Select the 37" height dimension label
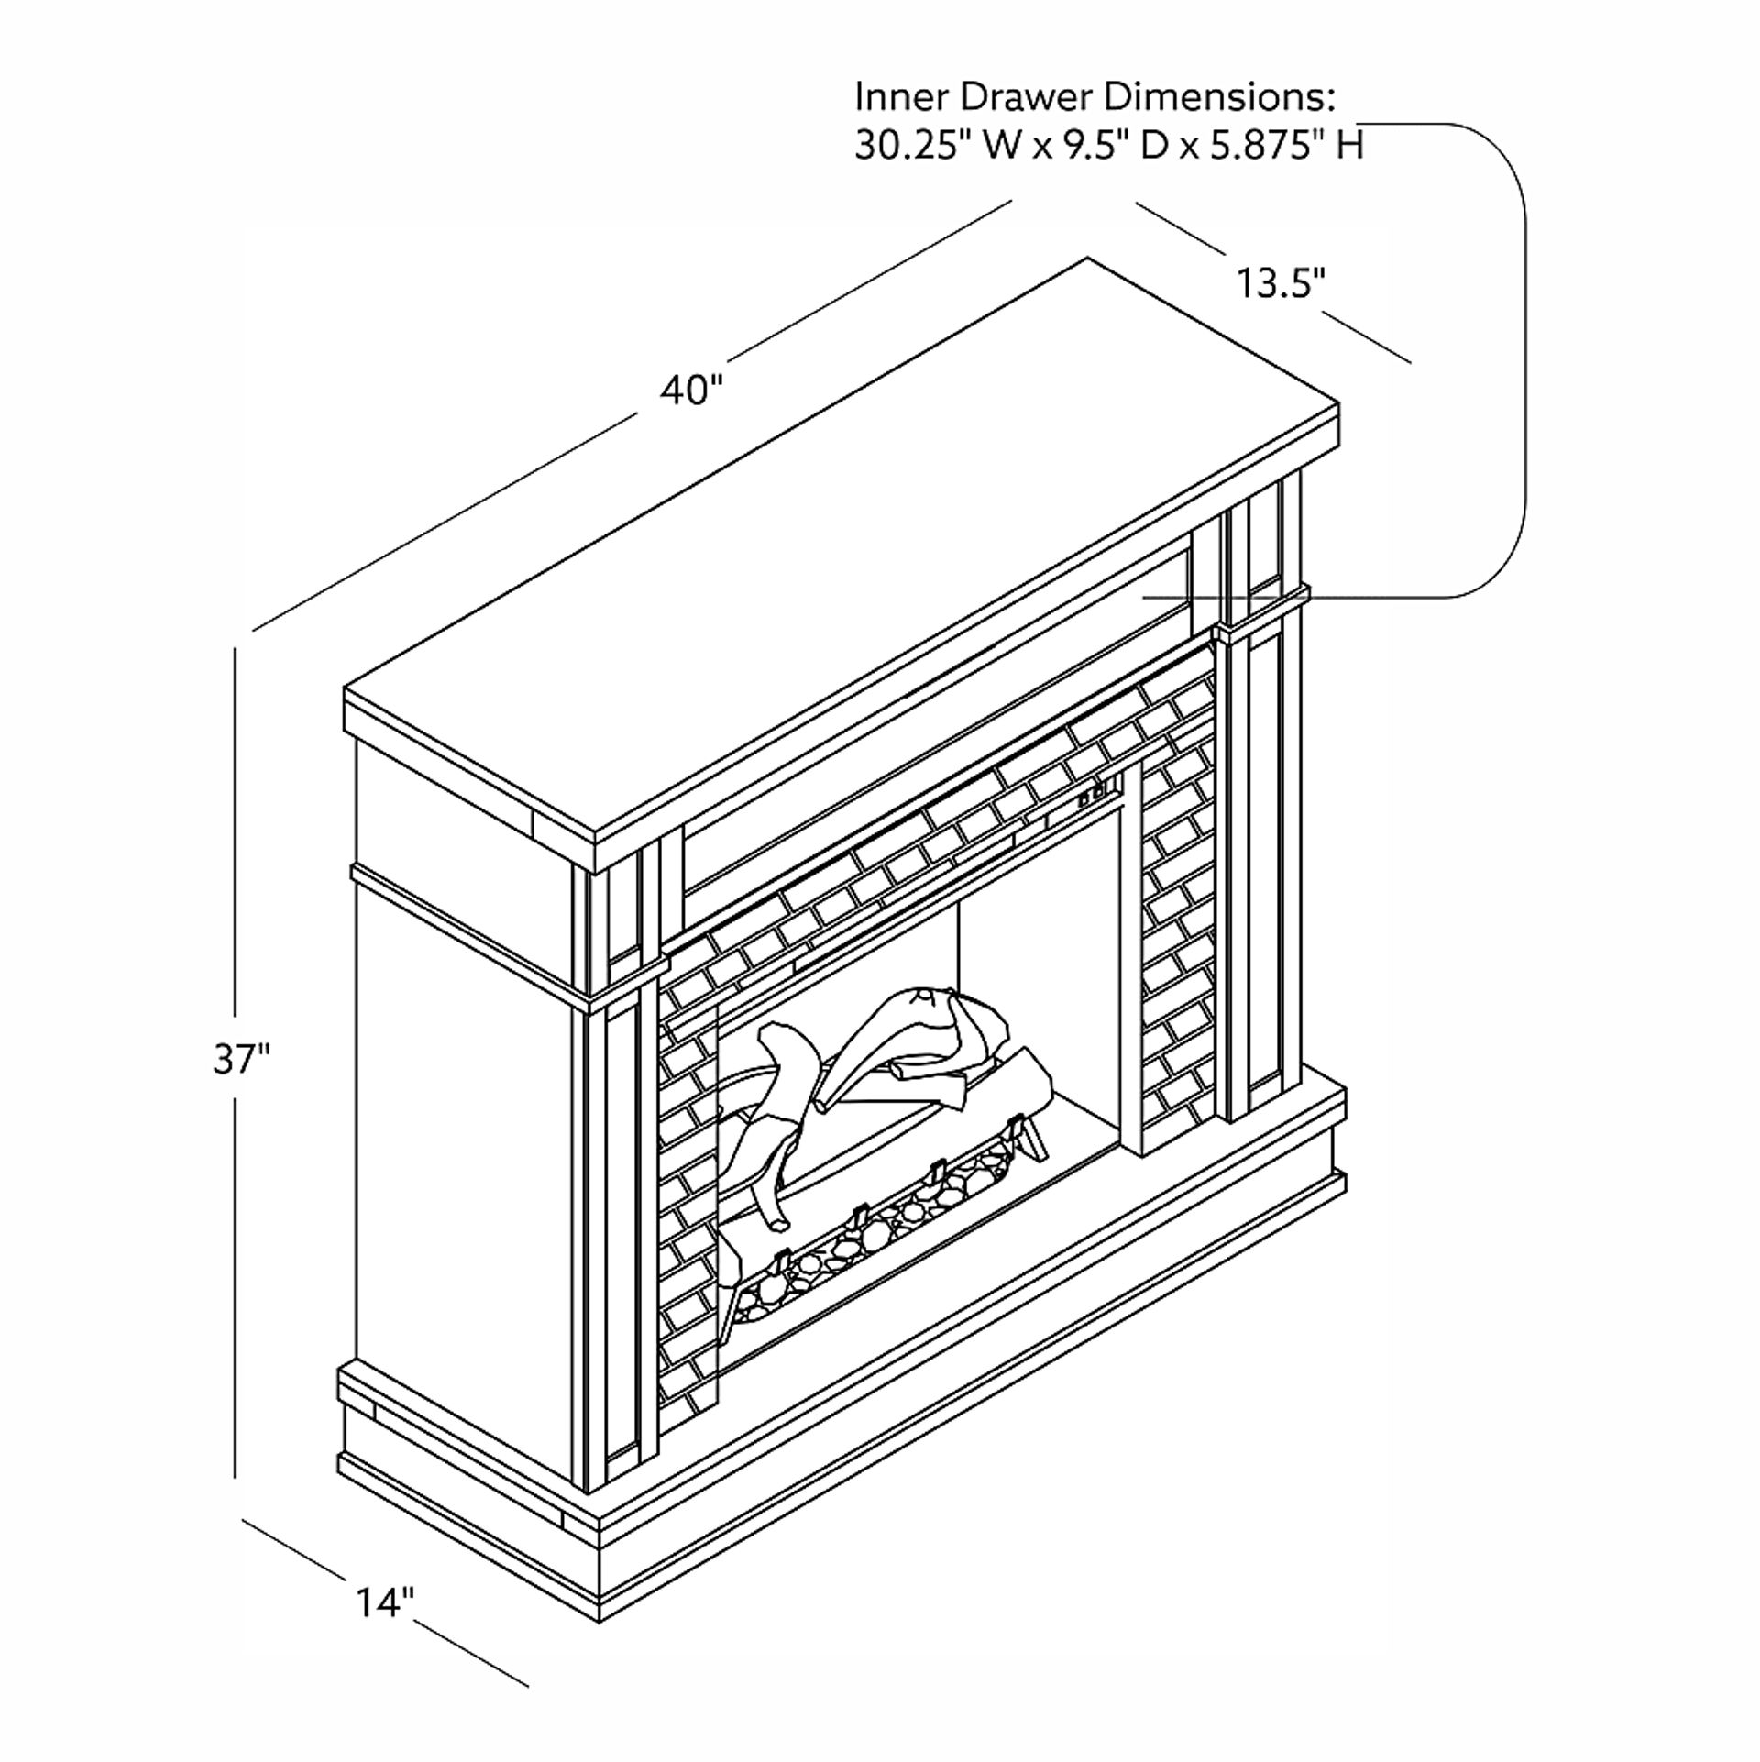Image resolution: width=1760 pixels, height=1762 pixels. pyautogui.click(x=242, y=1060)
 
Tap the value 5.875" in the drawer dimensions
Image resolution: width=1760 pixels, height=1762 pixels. pyautogui.click(x=1267, y=145)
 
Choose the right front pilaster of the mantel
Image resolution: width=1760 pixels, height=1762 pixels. pyautogui.click(x=1260, y=798)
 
